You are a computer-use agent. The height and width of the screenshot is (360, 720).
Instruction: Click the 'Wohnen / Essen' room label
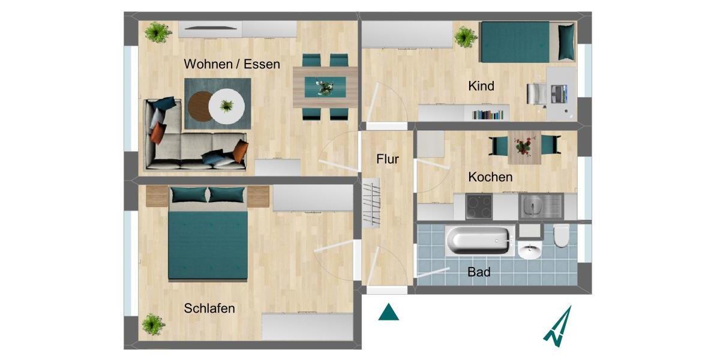(232, 64)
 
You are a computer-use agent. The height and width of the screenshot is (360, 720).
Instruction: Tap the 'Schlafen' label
(209, 309)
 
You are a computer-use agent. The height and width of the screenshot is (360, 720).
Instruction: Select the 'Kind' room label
(481, 86)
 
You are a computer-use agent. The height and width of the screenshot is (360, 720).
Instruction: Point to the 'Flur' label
(388, 160)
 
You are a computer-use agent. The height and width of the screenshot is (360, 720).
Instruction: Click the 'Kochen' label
(490, 177)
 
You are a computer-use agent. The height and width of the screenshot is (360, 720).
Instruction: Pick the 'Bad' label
(479, 272)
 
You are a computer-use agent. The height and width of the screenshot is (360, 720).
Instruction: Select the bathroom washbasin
(529, 250)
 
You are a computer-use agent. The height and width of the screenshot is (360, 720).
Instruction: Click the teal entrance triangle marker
(389, 313)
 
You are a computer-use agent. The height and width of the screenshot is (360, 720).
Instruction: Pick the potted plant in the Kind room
(466, 37)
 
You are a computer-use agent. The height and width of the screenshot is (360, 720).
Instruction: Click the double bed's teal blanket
(208, 246)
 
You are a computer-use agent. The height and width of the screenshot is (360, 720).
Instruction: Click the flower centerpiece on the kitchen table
(523, 145)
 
